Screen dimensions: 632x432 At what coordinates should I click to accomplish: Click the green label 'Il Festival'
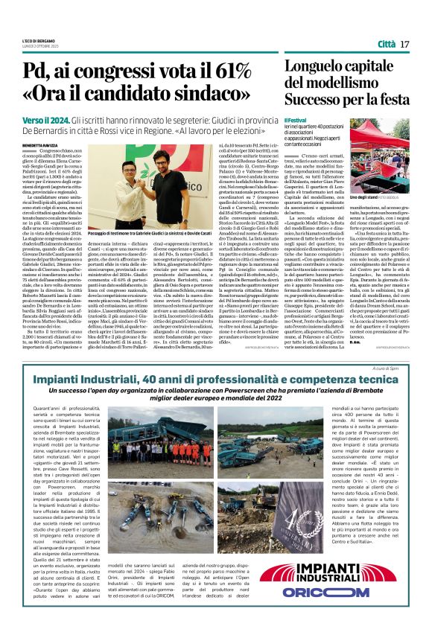pos(296,118)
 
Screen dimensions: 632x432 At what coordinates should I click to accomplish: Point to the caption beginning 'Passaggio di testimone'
pos(149,233)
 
